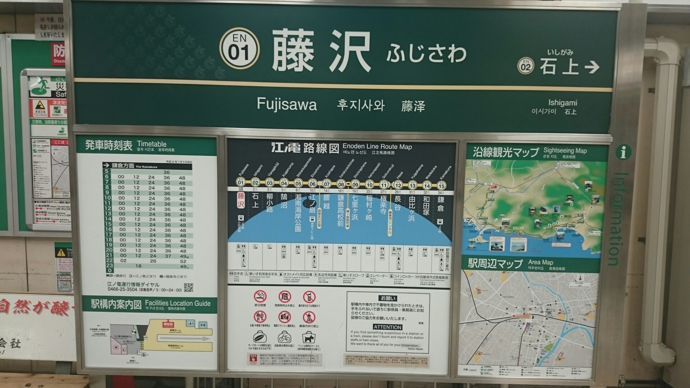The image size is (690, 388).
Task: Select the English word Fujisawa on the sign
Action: coord(287,105)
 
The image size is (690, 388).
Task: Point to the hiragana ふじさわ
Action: coord(426,53)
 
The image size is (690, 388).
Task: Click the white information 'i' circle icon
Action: coord(623,153)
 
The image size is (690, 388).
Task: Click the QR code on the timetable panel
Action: coord(188,287)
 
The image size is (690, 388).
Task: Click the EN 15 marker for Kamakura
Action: coord(441,185)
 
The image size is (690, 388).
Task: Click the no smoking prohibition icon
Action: coord(260,296)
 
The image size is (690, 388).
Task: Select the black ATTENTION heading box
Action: coord(387,327)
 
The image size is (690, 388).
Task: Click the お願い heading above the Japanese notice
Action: coord(388,299)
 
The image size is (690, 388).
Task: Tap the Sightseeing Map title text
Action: coord(565,151)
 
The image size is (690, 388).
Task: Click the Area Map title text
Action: coord(540,262)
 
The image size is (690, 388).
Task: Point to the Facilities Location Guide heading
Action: coord(178,303)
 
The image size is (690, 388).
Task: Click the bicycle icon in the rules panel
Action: coord(284,338)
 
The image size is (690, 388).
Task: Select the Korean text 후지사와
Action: coord(360,105)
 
